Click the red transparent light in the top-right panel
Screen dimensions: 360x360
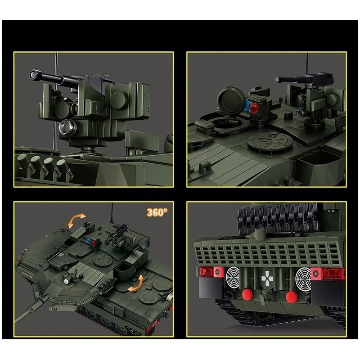[255, 106]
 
